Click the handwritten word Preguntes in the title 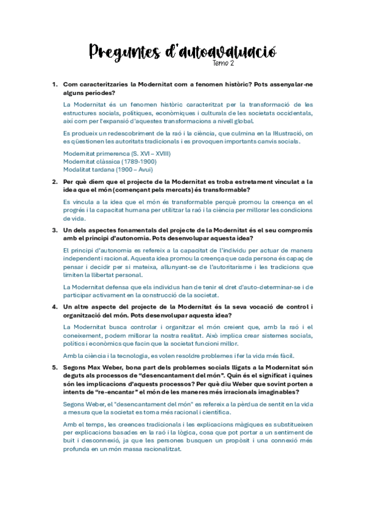tap(124, 52)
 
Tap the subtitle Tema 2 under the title tap(223, 63)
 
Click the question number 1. tap(54, 84)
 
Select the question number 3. tap(54, 230)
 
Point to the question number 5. tap(54, 367)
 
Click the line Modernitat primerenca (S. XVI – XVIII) tap(108, 154)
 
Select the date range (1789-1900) tap(139, 162)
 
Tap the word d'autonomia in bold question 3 tap(132, 238)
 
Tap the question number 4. tap(54, 307)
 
